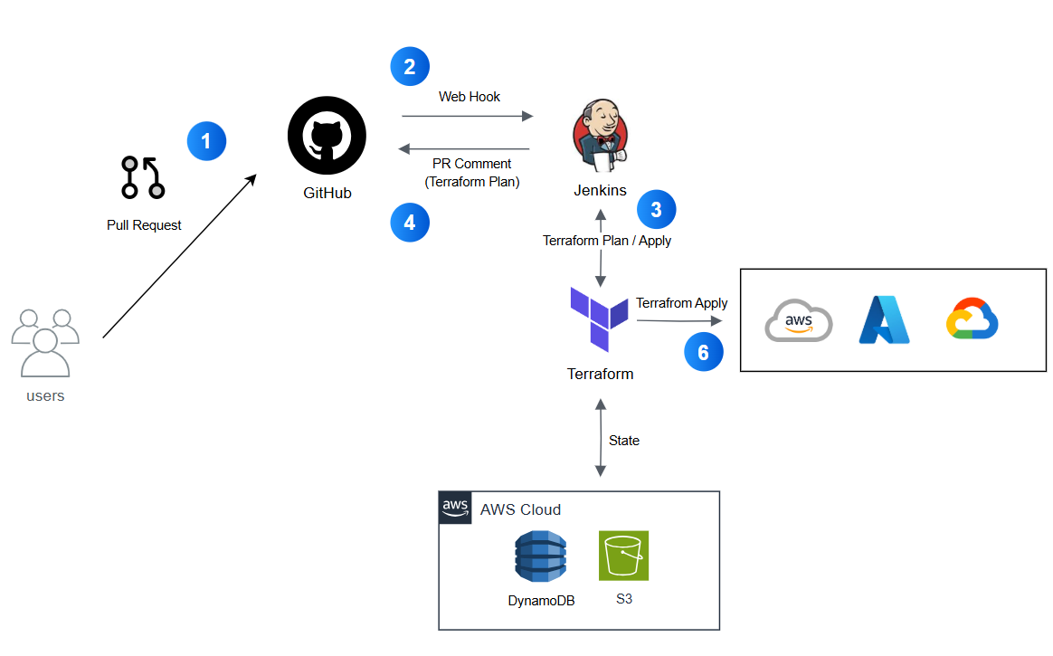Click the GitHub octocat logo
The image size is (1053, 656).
(x=327, y=136)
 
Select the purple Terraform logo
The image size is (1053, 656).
(x=599, y=318)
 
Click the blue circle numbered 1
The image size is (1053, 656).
(x=206, y=141)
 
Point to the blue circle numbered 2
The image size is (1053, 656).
(x=410, y=66)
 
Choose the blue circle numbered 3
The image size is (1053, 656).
(x=656, y=210)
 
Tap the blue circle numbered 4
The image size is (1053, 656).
(x=410, y=223)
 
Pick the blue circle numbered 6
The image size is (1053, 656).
(x=703, y=352)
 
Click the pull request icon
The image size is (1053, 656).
(x=143, y=178)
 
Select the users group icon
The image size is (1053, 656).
(x=45, y=343)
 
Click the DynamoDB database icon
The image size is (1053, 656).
(x=541, y=556)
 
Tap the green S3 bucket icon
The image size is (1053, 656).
(x=624, y=556)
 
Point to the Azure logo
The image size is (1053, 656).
(x=885, y=320)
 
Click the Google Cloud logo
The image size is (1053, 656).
(x=972, y=318)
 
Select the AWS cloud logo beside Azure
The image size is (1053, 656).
(x=799, y=320)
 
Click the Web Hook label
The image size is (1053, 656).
(x=470, y=97)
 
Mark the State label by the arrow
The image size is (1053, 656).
(x=624, y=441)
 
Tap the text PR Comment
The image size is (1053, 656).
(x=471, y=164)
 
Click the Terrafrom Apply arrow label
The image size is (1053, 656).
(x=681, y=303)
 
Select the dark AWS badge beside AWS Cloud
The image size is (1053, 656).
(x=455, y=508)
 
